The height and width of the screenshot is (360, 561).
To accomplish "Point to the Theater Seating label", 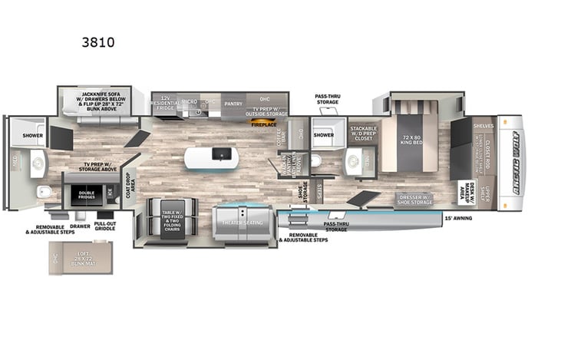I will pyautogui.click(x=243, y=223).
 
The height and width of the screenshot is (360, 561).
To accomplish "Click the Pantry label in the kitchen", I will pyautogui.click(x=233, y=102).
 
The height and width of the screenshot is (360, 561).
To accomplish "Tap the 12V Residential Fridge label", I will pyautogui.click(x=166, y=102).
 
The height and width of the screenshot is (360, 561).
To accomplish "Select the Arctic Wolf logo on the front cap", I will pyautogui.click(x=510, y=163).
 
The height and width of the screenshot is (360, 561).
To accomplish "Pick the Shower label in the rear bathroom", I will pyautogui.click(x=33, y=134).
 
